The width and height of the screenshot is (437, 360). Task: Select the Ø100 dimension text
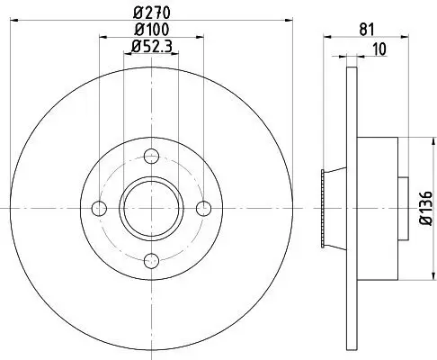coord(149,31)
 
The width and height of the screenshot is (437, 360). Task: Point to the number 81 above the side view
coord(364,29)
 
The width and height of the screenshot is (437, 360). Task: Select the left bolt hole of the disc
coord(100,209)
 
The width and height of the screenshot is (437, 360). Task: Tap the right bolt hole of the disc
coord(203,209)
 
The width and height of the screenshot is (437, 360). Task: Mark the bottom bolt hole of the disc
coord(152,261)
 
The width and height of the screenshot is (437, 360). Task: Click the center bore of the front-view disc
coord(152,209)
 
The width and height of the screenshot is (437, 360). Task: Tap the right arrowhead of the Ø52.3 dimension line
coord(175,54)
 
